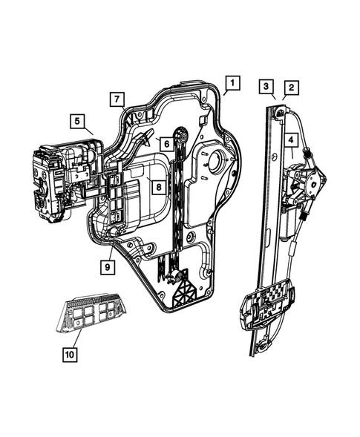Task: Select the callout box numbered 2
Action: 292,88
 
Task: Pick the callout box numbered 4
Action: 292,139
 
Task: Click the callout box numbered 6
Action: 167,143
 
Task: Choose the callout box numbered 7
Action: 117,98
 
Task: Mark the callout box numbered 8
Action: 158,187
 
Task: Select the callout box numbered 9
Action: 108,266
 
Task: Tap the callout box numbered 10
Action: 69,355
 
